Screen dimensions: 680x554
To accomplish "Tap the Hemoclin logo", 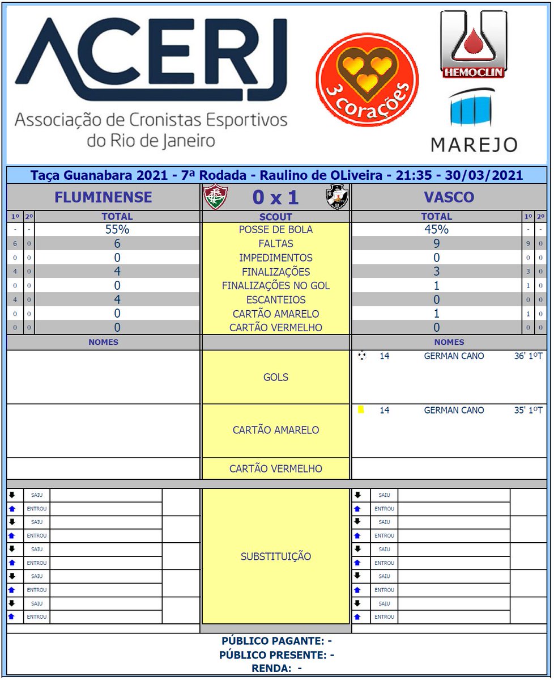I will [x=473, y=44].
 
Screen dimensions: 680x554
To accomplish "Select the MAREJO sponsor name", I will [x=474, y=144].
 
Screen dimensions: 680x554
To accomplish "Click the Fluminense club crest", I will [x=215, y=197].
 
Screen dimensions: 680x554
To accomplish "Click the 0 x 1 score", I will [x=276, y=197].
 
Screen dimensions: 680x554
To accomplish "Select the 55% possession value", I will [x=117, y=230].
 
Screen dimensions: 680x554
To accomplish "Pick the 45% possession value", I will [x=436, y=230].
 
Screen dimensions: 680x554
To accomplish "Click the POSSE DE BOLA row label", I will [x=276, y=230].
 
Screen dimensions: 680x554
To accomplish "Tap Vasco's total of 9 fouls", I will [x=436, y=244].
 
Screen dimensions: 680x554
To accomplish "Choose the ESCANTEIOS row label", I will [x=276, y=300].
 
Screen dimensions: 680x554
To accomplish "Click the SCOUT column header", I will [x=276, y=217].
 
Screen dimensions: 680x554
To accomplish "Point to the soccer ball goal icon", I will [x=362, y=356].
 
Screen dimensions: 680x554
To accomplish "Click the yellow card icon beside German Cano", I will [x=361, y=409].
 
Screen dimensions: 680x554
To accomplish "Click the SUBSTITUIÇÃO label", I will [x=276, y=556].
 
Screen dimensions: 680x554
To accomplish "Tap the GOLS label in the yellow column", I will [x=276, y=377].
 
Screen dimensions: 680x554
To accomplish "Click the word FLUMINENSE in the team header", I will [x=103, y=197].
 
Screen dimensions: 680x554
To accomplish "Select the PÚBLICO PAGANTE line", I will [x=276, y=641].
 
